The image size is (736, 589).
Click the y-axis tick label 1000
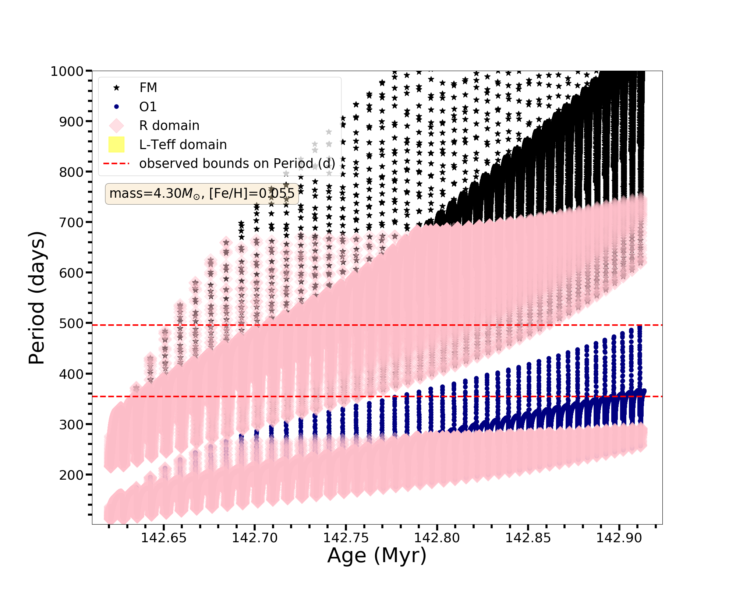pos(67,71)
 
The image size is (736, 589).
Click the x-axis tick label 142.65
pos(164,538)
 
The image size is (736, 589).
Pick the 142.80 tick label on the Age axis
pos(437,538)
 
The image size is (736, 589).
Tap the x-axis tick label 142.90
pos(619,538)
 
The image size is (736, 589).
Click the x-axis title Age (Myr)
pos(377,556)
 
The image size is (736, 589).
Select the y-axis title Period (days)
pos(37,298)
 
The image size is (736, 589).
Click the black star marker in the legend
pos(117,88)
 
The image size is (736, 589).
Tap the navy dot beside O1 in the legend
pos(117,107)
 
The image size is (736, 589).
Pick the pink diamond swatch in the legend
pos(117,126)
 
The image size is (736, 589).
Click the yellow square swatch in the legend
pos(117,145)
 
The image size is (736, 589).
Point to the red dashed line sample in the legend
pos(117,163)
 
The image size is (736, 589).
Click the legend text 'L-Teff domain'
pos(183,145)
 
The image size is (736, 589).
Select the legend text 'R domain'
pos(169,126)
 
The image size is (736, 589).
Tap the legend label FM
pos(148,88)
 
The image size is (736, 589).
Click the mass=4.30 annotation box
pos(202,194)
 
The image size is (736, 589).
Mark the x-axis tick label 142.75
pos(346,538)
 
